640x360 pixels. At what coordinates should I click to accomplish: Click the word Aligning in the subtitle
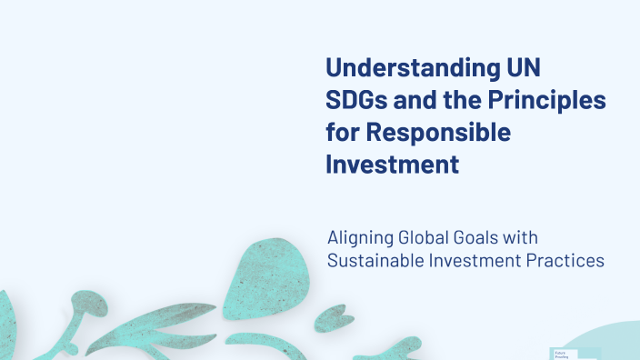point(360,238)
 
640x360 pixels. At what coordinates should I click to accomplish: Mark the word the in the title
point(455,101)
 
